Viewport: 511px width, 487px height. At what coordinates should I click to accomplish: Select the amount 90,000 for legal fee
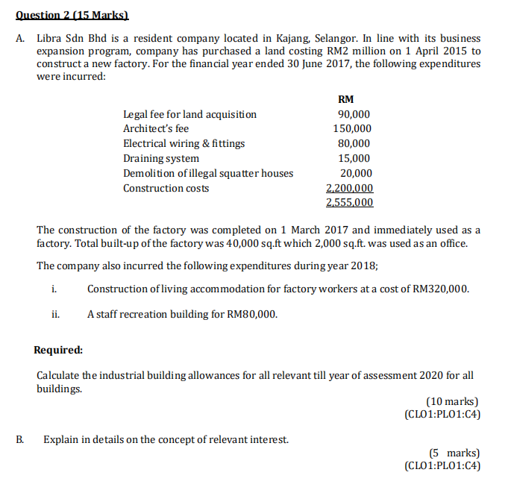coord(354,114)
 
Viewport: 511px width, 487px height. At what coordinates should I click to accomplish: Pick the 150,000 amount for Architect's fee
coord(351,128)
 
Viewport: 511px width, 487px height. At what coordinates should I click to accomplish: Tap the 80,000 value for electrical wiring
coord(354,143)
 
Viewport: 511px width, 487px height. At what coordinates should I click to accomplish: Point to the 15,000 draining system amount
coord(354,158)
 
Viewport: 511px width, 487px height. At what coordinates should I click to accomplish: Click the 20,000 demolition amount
coord(354,173)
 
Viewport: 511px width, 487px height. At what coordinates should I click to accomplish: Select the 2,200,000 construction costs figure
coord(350,188)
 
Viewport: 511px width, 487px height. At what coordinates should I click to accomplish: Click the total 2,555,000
coord(350,202)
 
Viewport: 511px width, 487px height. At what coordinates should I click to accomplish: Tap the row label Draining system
coord(160,158)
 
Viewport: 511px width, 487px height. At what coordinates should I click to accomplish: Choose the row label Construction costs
coord(166,188)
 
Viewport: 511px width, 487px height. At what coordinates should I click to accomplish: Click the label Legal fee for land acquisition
coord(189,114)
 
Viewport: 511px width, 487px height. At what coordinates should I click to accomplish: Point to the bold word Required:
coord(58,350)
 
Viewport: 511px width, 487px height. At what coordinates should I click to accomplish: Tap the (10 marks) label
coord(452,402)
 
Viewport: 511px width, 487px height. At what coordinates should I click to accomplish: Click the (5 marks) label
coord(454,453)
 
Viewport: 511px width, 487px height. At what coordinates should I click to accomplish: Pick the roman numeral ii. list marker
coord(55,314)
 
